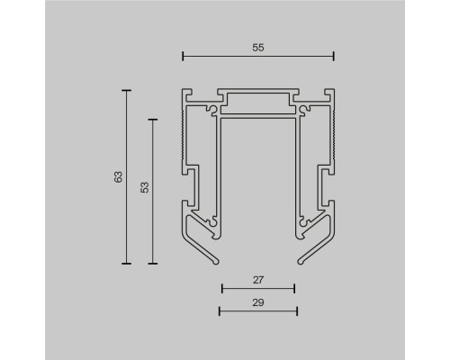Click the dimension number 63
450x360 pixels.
[117, 176]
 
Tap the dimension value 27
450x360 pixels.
[257, 279]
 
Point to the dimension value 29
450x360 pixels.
[257, 301]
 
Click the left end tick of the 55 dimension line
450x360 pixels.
[183, 57]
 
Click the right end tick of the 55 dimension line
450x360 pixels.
[333, 57]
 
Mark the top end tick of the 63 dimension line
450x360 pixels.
[127, 90]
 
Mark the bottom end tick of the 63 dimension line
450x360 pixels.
[127, 264]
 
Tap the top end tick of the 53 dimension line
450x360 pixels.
[153, 117]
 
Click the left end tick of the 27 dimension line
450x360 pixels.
[221, 289]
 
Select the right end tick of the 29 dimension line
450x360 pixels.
[297, 311]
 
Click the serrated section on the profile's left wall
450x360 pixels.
[184, 135]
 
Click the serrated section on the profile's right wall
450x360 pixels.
[331, 135]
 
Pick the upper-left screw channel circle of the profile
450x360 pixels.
[212, 111]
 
